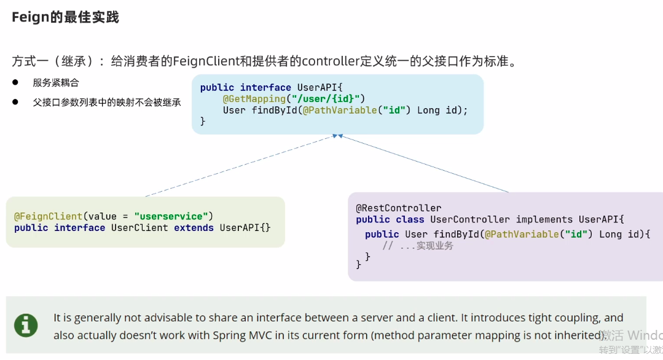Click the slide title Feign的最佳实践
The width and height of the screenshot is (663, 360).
(x=65, y=17)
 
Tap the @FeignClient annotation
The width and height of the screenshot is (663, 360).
(x=48, y=216)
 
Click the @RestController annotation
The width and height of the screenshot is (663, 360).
(x=398, y=208)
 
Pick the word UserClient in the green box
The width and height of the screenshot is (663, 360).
(x=139, y=228)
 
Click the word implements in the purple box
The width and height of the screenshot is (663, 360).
(x=544, y=219)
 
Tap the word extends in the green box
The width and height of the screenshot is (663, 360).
(x=194, y=228)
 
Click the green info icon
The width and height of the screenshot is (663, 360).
(x=26, y=325)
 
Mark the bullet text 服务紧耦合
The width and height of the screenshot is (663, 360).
(x=56, y=82)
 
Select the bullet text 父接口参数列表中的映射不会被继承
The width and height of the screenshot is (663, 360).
(x=107, y=103)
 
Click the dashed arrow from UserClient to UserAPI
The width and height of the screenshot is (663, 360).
(x=240, y=166)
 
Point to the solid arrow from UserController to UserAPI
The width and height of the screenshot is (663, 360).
(x=424, y=163)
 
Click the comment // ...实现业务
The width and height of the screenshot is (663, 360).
(x=418, y=246)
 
